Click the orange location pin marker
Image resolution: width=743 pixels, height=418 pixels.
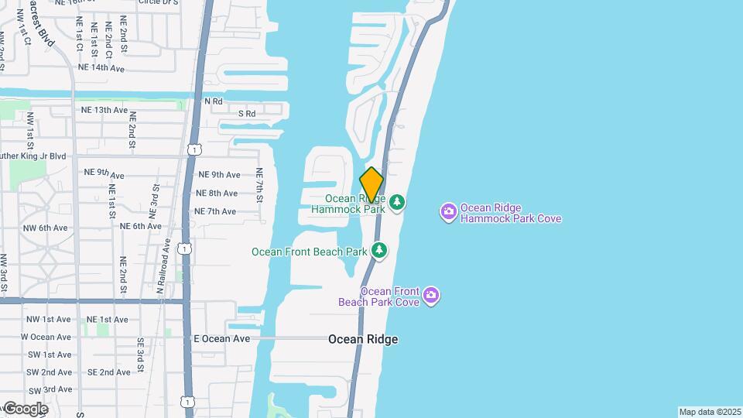point(371,185)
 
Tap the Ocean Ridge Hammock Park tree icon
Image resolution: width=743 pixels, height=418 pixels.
point(397,202)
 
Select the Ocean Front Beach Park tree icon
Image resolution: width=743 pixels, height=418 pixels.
point(379,250)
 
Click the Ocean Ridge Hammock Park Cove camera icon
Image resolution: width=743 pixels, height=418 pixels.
point(448,211)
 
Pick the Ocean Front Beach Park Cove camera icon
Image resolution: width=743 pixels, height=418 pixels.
point(431,295)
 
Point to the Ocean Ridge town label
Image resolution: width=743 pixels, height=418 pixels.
point(363,339)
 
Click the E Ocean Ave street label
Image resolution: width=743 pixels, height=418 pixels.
point(221,338)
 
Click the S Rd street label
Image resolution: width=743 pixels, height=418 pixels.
point(247,114)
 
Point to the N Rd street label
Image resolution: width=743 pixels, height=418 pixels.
point(213,101)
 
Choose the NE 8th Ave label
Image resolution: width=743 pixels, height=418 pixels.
point(217,193)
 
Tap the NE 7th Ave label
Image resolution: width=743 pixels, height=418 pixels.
point(214,211)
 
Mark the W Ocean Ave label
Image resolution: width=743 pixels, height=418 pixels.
point(46,337)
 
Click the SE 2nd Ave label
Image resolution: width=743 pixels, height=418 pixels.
point(108,372)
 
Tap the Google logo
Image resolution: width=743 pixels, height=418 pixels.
point(26,408)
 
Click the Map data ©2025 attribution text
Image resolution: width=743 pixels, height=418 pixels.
point(710,412)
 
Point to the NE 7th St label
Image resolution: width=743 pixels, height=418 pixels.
point(260,185)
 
